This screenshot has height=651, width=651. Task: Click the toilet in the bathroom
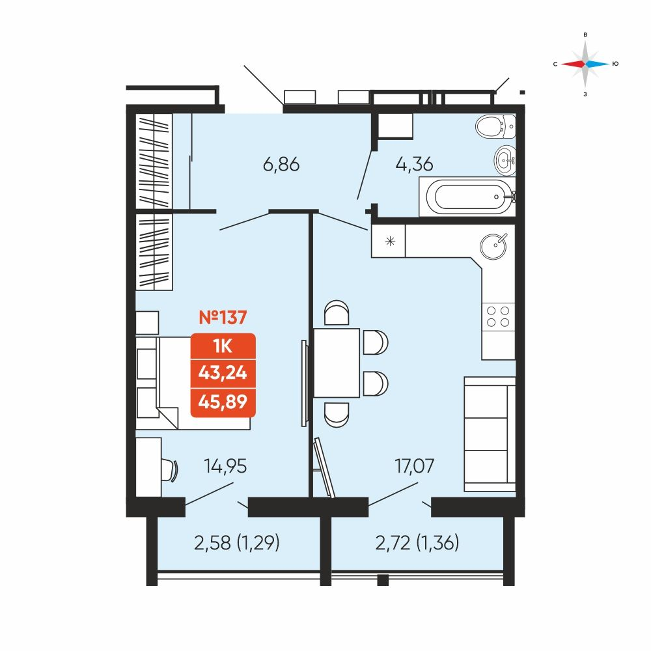click(495, 126)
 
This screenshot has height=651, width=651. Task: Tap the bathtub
click(467, 197)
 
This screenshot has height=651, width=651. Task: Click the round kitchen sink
click(493, 246)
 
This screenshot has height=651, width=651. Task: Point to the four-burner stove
click(498, 317)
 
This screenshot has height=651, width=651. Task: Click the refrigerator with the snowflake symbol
click(388, 241)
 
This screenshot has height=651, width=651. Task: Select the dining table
click(337, 363)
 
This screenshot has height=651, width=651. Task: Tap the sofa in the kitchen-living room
click(490, 434)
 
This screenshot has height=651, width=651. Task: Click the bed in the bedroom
click(193, 383)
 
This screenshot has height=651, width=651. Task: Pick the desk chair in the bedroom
click(170, 470)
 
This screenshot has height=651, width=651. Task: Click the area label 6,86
click(281, 165)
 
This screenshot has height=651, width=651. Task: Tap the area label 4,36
click(414, 165)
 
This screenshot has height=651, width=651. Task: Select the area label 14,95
click(225, 466)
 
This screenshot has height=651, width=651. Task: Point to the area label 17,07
click(414, 466)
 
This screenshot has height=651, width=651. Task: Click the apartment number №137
click(223, 318)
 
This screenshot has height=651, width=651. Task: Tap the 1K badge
click(223, 346)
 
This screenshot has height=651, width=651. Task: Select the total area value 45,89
click(223, 402)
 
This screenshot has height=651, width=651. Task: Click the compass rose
click(585, 64)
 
